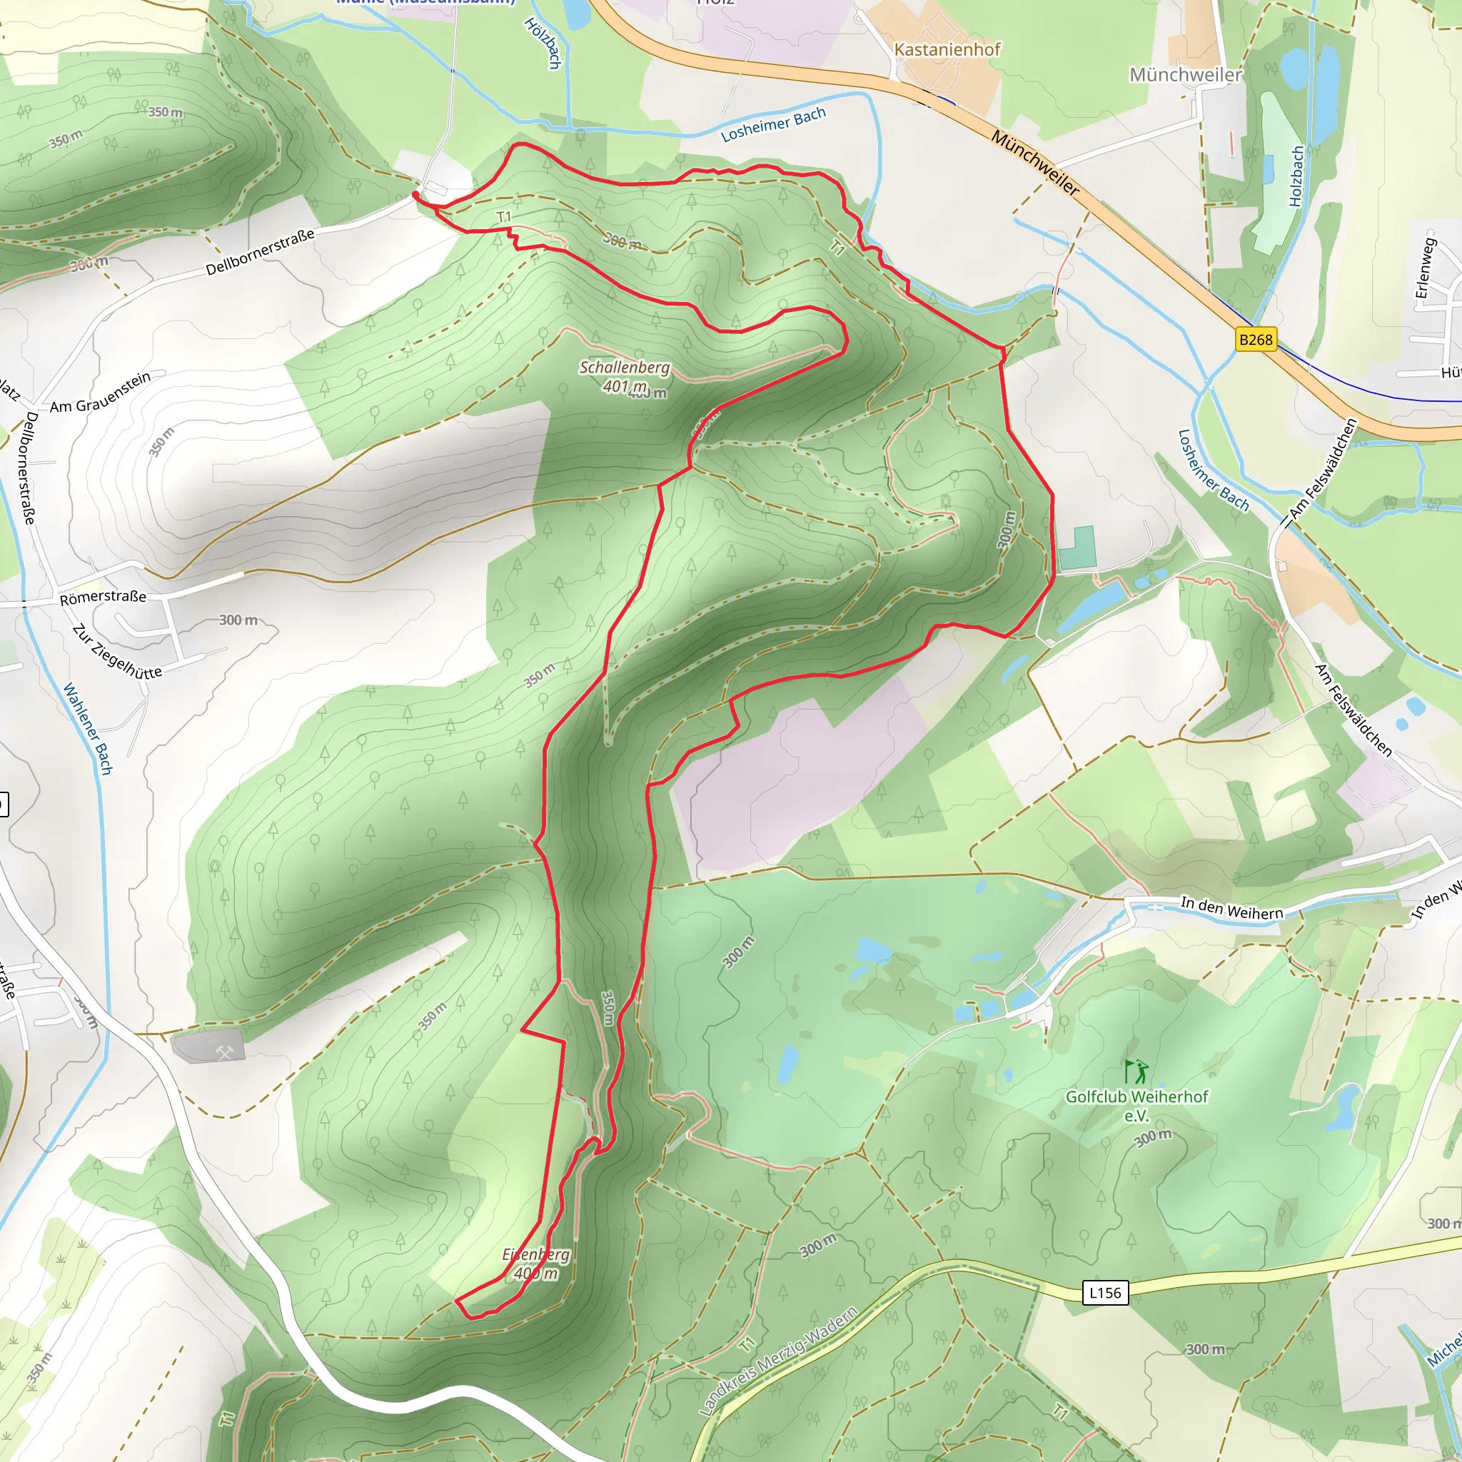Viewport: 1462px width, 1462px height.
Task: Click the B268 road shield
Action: coord(1256,339)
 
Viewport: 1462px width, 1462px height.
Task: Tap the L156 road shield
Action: coord(1105,1293)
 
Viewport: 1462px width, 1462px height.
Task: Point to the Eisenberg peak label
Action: coord(536,1263)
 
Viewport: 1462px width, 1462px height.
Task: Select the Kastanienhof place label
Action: coord(947,49)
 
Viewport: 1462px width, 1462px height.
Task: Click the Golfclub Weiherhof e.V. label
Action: coord(1136,1106)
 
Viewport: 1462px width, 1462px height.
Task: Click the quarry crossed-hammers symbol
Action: coord(224,1051)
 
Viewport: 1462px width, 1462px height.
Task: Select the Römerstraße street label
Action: coord(103,597)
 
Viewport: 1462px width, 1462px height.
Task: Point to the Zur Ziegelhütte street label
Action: coord(117,651)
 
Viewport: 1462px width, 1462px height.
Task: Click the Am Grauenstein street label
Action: coord(101,392)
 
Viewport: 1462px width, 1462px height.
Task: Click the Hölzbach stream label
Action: coord(543,44)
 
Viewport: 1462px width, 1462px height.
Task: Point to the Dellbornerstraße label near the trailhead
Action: coord(260,252)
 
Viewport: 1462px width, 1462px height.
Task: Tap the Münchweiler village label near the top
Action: coord(1185,74)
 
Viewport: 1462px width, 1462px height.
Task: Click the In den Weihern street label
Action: coord(1232,908)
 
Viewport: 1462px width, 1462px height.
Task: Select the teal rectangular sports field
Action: coord(1077,548)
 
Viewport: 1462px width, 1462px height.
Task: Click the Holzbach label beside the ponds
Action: coord(1297,176)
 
